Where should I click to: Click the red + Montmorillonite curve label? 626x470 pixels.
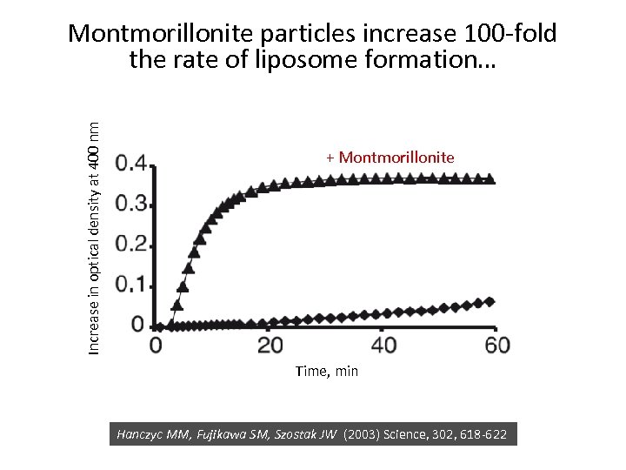pos(390,158)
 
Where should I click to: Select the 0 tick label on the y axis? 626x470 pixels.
pos(137,325)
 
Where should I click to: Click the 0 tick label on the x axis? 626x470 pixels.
pos(156,346)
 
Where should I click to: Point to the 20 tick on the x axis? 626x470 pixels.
pos(270,346)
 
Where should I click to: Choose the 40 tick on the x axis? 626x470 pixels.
pos(383,346)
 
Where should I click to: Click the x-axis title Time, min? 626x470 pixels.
pos(326,372)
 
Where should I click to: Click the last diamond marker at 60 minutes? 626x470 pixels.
pos(490,302)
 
